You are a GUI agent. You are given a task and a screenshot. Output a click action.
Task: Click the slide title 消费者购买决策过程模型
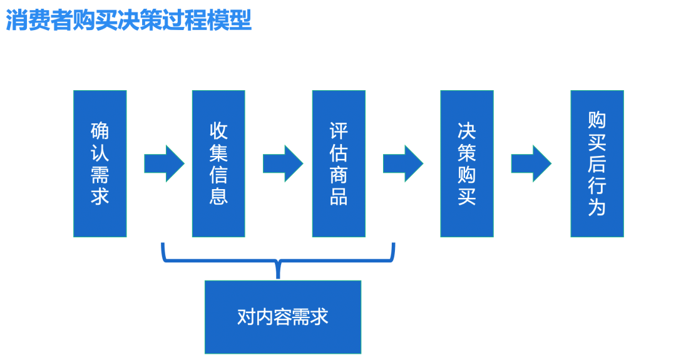(x=129, y=20)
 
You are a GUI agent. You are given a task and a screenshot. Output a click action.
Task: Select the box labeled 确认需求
(x=100, y=163)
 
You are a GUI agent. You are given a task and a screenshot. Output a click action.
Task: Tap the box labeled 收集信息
(x=218, y=163)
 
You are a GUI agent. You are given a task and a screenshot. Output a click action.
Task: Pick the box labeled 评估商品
(x=339, y=163)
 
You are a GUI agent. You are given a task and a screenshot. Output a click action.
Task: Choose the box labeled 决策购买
(x=466, y=163)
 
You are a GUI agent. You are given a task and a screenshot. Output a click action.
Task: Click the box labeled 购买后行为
(x=597, y=163)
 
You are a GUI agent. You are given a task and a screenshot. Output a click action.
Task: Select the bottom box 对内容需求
(x=283, y=317)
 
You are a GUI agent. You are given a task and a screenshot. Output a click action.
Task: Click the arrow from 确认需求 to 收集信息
(x=163, y=163)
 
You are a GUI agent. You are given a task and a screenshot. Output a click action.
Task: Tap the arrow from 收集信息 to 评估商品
(x=282, y=163)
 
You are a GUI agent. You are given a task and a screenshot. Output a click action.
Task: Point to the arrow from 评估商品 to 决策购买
(x=402, y=163)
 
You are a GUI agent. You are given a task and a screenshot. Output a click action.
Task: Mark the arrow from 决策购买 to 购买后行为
(x=531, y=163)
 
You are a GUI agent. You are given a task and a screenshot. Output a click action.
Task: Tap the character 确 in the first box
(x=100, y=131)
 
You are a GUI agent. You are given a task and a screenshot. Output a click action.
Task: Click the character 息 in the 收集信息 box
(x=218, y=196)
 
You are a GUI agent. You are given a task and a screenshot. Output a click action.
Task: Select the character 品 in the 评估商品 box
(x=339, y=196)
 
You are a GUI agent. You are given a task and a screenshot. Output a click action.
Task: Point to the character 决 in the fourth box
(x=466, y=131)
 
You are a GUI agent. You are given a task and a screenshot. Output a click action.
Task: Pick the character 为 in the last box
(x=597, y=207)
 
